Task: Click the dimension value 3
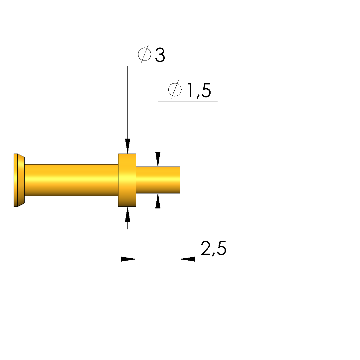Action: click(160, 55)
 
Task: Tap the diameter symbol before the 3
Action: click(145, 55)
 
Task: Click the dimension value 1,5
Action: click(199, 91)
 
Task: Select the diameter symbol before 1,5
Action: click(175, 90)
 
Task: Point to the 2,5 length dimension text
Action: click(214, 248)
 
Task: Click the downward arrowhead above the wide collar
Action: click(128, 146)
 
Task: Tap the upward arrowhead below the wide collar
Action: click(128, 214)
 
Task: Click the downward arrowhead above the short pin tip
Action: click(158, 159)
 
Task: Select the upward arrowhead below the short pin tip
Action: click(158, 201)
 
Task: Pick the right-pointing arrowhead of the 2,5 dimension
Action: click(128, 259)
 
